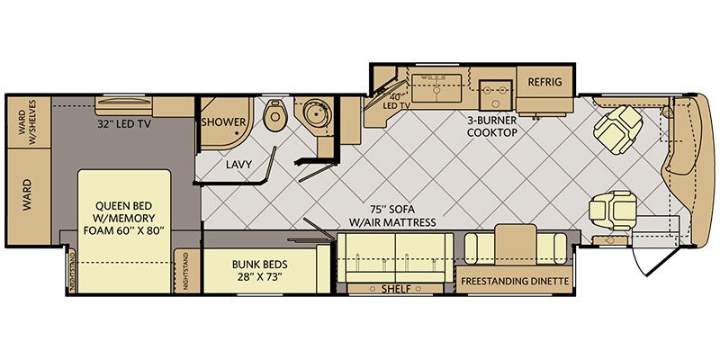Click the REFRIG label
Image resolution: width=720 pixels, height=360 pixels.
point(545,83)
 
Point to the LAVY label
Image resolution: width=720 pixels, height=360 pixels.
point(238,165)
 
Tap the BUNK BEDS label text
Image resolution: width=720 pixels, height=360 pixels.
point(237,267)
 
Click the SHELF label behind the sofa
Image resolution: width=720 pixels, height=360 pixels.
point(396,289)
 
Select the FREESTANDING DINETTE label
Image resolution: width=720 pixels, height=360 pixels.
point(515,281)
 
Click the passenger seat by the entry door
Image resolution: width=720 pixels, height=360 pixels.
point(607,210)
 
